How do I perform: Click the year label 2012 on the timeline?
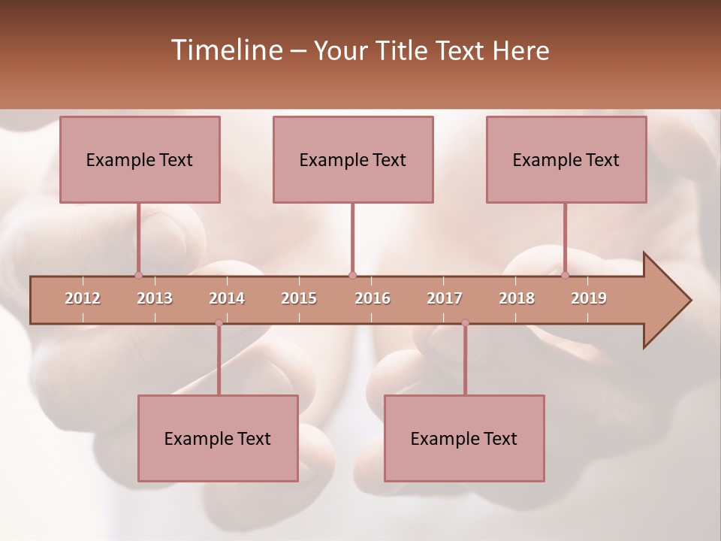coord(83,298)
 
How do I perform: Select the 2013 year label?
coord(155,298)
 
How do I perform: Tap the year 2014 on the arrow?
coord(227,298)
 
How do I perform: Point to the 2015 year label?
coord(299,298)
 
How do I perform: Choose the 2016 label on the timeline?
coord(373,298)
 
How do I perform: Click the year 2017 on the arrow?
coord(445,298)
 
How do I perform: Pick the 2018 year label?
coord(517,298)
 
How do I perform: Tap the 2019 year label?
coord(589,298)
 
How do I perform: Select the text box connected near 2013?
coord(140,159)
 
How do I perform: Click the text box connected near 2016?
coord(353,159)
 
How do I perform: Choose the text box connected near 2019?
coord(566,159)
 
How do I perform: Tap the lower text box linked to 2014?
coord(218,438)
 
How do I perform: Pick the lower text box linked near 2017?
coord(464,438)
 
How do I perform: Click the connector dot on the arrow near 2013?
coord(138,275)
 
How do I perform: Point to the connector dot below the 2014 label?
coord(219,323)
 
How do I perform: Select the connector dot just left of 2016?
coord(352,275)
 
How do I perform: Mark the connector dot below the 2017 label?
coord(465,323)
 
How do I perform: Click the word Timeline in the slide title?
coord(226,50)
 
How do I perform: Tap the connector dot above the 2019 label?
coord(565,275)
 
